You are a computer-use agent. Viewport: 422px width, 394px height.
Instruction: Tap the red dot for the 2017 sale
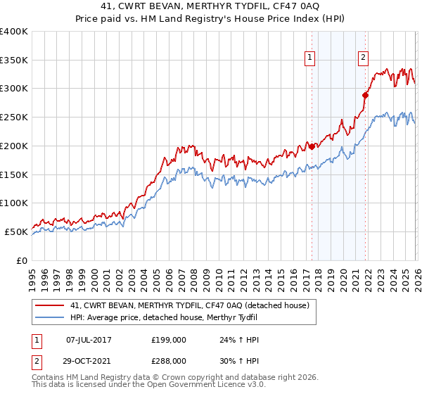point(312,146)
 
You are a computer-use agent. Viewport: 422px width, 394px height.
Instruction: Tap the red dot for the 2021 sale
point(365,95)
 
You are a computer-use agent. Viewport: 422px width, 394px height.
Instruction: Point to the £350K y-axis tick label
point(14,60)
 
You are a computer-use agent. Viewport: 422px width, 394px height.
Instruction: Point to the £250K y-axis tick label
point(14,117)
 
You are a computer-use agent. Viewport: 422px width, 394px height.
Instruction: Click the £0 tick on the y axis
point(22,260)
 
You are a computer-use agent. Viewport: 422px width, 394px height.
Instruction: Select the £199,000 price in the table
point(168,340)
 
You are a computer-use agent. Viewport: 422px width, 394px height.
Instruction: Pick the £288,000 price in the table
point(168,360)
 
